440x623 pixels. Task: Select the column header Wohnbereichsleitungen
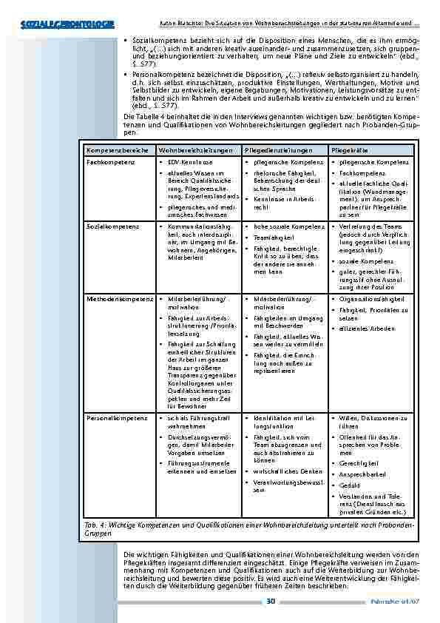[191, 149]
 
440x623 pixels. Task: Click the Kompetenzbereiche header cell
[115, 149]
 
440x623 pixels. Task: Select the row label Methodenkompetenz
[118, 299]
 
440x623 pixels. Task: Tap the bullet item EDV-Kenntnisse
[190, 161]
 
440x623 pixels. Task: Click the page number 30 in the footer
[271, 600]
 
